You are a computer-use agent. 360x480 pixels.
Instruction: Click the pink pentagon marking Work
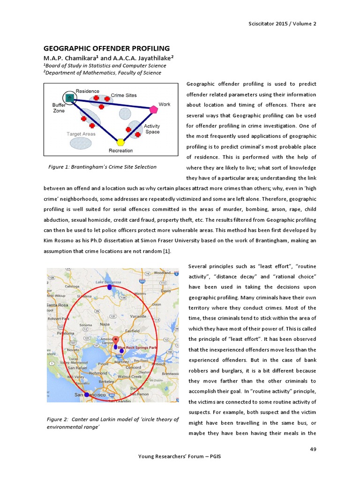click(x=154, y=110)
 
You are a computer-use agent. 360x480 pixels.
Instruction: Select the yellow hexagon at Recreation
click(x=120, y=142)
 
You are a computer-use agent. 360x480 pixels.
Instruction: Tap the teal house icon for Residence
click(x=69, y=97)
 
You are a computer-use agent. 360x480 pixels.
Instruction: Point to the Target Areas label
click(x=81, y=134)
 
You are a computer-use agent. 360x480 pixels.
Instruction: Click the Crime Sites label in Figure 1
click(x=124, y=95)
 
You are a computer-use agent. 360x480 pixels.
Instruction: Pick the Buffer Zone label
click(x=59, y=108)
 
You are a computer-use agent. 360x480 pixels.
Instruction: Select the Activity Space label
click(x=152, y=129)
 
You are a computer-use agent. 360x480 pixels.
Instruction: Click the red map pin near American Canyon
click(x=116, y=339)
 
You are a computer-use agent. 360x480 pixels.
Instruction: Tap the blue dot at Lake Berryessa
click(x=110, y=287)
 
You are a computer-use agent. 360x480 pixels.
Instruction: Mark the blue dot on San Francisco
click(x=86, y=395)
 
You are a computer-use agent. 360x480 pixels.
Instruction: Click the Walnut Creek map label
click(x=129, y=376)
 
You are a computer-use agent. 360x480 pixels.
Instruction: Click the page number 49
click(x=313, y=450)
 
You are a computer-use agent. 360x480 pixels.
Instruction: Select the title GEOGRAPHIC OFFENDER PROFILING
click(x=106, y=48)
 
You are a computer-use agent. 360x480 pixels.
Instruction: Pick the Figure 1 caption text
click(x=102, y=167)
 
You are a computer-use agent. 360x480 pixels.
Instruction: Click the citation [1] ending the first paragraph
click(x=166, y=251)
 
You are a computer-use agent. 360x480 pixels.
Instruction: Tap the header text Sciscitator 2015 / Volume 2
click(x=282, y=23)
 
